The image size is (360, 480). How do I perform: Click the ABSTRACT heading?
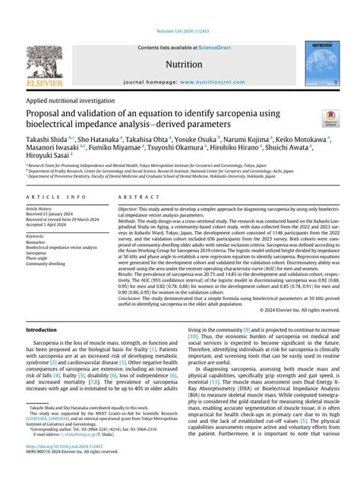coord(134,196)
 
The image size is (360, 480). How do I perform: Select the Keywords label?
coord(38,236)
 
